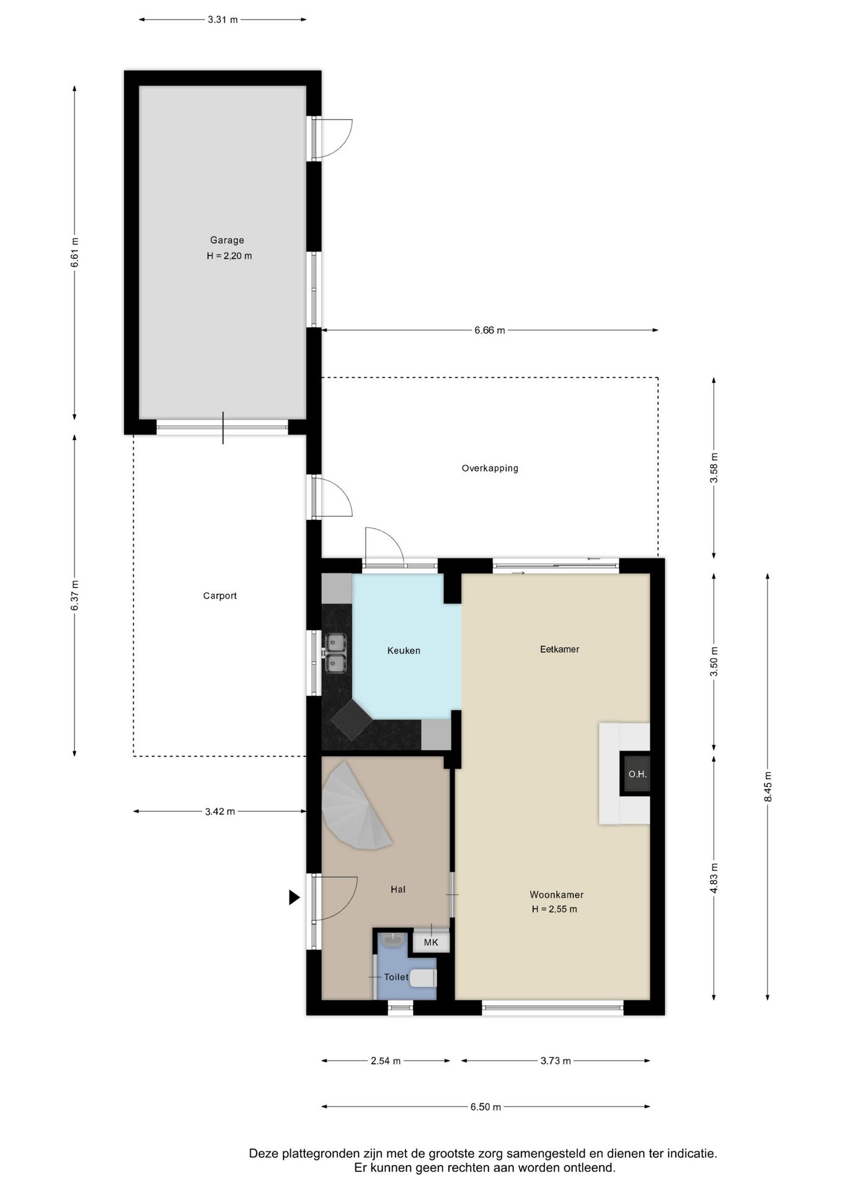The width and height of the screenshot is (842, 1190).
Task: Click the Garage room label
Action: [x=227, y=240]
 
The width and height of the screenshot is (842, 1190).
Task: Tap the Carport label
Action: [x=220, y=596]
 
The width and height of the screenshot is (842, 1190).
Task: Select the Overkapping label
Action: [x=490, y=469]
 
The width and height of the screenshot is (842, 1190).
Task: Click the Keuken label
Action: [x=404, y=651]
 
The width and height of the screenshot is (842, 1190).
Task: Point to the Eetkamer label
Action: [x=560, y=650]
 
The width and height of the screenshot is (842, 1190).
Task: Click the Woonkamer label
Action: [x=557, y=895]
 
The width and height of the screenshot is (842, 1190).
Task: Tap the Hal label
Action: [x=398, y=889]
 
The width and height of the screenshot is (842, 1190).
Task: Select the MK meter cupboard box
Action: [x=431, y=943]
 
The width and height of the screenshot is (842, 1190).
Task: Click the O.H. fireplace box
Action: [x=637, y=774]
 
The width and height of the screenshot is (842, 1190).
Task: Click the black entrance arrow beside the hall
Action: [x=295, y=897]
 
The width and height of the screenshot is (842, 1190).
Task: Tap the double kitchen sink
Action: [x=335, y=653]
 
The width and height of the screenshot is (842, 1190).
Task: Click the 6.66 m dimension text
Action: [x=490, y=330]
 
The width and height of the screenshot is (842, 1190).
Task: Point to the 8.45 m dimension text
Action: [x=768, y=787]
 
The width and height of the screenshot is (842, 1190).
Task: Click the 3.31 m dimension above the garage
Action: [x=223, y=20]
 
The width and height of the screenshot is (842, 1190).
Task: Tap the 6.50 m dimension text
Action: [x=485, y=1107]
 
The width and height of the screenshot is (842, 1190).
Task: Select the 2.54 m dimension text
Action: [x=386, y=1061]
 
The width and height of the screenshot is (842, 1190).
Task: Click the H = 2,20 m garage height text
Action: [x=229, y=256]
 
